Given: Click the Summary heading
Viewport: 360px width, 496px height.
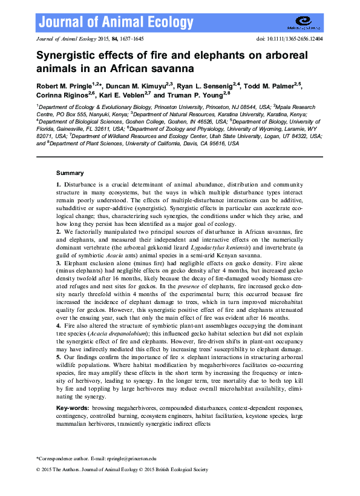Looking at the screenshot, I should pyautogui.click(x=70, y=173).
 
